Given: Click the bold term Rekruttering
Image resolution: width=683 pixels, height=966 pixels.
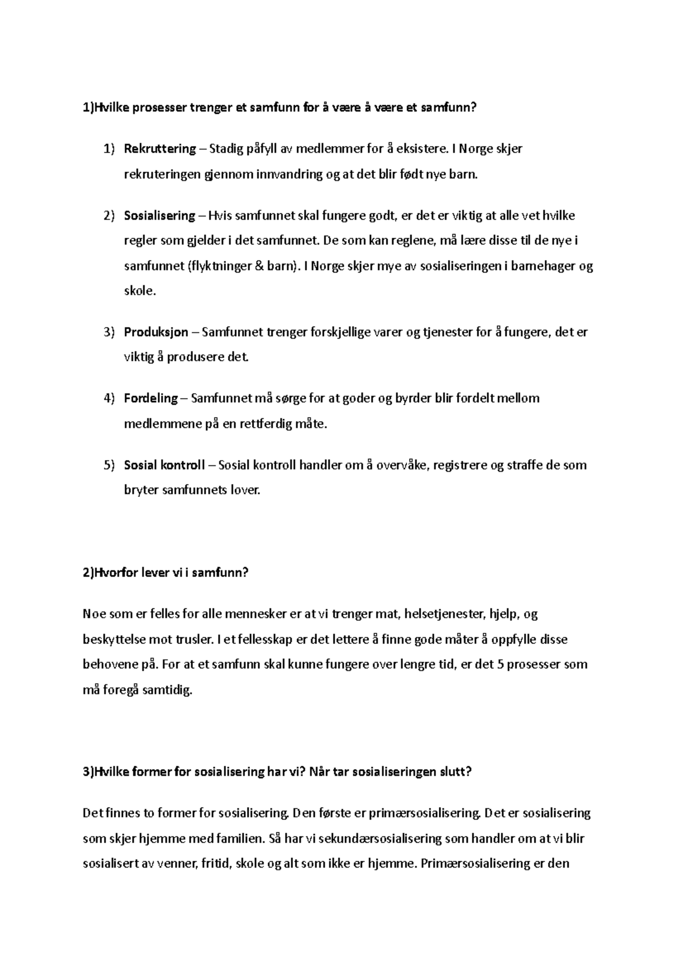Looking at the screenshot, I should [159, 149].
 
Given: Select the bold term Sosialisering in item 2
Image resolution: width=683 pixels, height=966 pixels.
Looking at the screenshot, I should [159, 216].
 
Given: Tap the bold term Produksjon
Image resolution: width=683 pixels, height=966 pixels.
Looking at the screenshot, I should [156, 332].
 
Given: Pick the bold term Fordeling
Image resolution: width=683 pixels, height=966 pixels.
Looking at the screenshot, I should [151, 398].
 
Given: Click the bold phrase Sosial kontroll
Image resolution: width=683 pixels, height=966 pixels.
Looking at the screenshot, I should [164, 465].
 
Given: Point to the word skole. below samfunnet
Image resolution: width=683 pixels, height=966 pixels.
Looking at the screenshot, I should [139, 291].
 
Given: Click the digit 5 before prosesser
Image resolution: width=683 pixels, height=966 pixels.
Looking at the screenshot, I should [500, 664].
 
